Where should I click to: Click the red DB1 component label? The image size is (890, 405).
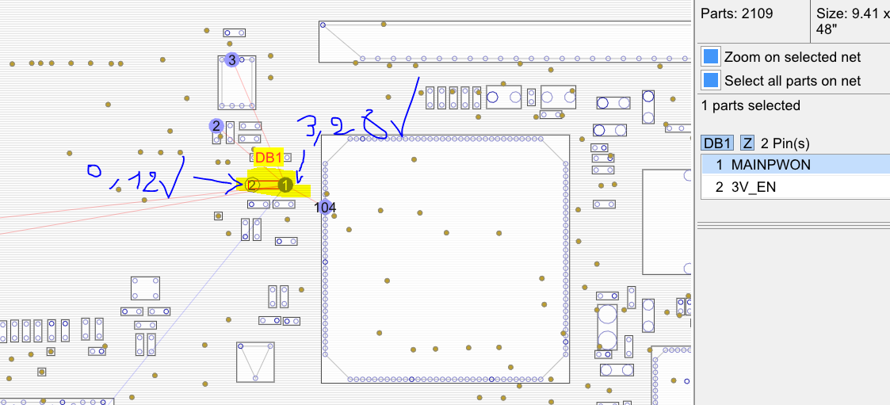[268, 158]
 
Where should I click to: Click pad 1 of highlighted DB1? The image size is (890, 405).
[285, 185]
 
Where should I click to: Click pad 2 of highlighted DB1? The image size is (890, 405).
[252, 185]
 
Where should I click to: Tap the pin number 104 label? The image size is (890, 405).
[325, 208]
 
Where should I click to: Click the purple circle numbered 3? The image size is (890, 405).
[231, 59]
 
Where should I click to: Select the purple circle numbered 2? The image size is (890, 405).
[216, 125]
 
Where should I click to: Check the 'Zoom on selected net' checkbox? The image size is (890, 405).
[711, 57]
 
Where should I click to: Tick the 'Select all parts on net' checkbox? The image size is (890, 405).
[711, 81]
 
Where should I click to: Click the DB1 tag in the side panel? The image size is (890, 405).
[717, 143]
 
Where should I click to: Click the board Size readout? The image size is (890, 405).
[851, 21]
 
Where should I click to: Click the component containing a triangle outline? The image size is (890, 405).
[255, 361]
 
